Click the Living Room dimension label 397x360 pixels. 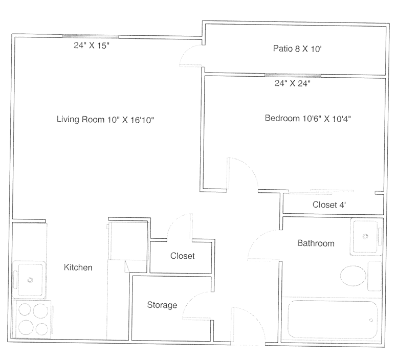(x=105, y=120)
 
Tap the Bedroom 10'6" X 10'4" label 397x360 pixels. (x=307, y=119)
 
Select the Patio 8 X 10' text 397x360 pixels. (x=297, y=49)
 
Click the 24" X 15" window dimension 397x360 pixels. (x=92, y=46)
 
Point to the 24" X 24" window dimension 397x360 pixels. (x=293, y=83)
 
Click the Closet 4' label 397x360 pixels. (x=329, y=205)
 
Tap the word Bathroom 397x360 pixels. (x=316, y=243)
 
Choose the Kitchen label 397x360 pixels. (x=78, y=267)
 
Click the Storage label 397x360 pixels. (x=162, y=305)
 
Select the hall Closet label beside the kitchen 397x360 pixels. (x=183, y=256)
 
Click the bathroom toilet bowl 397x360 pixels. (x=353, y=276)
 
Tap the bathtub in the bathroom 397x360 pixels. (x=332, y=319)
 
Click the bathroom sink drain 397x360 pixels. (x=365, y=237)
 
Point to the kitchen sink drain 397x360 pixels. (x=30, y=280)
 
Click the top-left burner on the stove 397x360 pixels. (x=25, y=309)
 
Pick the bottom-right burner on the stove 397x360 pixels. (x=42, y=329)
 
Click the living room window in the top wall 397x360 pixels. (x=91, y=36)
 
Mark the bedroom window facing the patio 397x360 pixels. (x=293, y=75)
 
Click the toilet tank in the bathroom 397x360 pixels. (x=374, y=276)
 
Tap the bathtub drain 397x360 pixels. (x=371, y=320)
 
